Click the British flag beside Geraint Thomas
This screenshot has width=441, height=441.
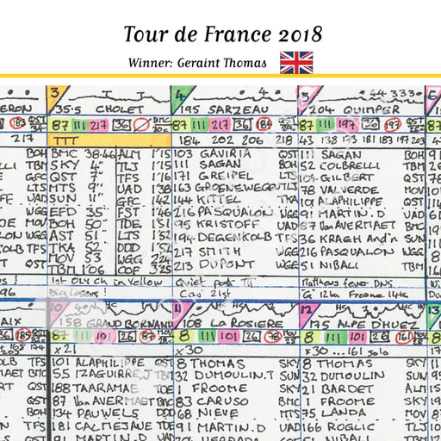[296, 62]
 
